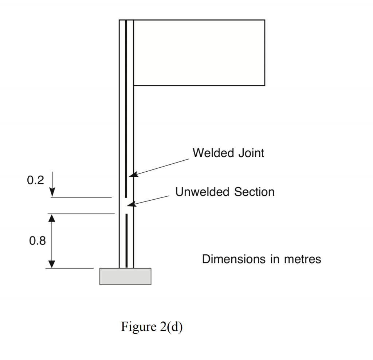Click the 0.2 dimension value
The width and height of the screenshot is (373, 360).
click(35, 180)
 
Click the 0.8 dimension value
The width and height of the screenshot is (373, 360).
click(38, 241)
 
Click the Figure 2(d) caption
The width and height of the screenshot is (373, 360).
click(152, 326)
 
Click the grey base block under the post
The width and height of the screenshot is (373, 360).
click(125, 276)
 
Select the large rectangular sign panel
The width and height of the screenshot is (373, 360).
click(199, 53)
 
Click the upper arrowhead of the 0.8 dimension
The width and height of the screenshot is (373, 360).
click(52, 218)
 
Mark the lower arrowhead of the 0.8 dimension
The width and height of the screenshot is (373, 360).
click(52, 264)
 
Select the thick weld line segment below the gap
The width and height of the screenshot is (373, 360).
click(126, 240)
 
